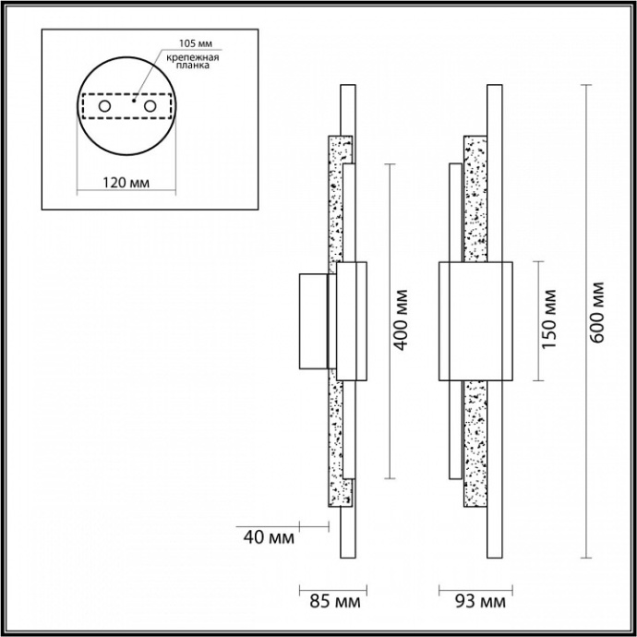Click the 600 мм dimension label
point(597,311)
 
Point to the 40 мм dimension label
point(268,536)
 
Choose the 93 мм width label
point(480,603)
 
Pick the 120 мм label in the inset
point(123,183)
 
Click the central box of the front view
point(475,320)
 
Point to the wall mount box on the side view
point(313,320)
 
